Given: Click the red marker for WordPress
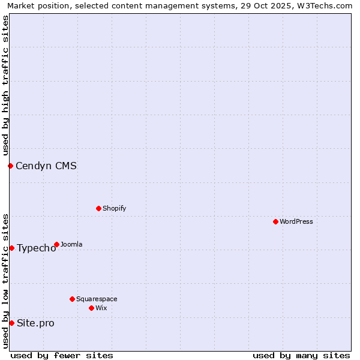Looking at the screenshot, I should click(x=275, y=221).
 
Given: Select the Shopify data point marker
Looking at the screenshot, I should click(x=98, y=208).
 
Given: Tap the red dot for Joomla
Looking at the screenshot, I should click(x=56, y=244).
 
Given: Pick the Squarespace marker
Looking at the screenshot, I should click(x=72, y=299).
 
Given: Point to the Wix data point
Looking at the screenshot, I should click(x=91, y=308).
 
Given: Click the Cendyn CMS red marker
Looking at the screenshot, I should click(x=10, y=166).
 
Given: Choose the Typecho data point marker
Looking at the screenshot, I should click(x=11, y=248).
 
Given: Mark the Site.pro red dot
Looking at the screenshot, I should click(x=11, y=323).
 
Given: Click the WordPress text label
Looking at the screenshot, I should click(x=296, y=221).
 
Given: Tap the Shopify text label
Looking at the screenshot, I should click(x=114, y=208).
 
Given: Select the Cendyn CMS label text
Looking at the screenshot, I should click(x=46, y=166).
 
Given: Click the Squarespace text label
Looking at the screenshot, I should click(x=97, y=299).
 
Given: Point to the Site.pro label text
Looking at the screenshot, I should click(x=35, y=323).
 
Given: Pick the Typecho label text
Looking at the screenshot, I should click(x=36, y=248).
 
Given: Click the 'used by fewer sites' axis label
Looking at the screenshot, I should click(x=62, y=355).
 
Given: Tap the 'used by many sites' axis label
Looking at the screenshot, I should click(x=301, y=355).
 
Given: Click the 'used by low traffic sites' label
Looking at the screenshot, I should click(x=5, y=281).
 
